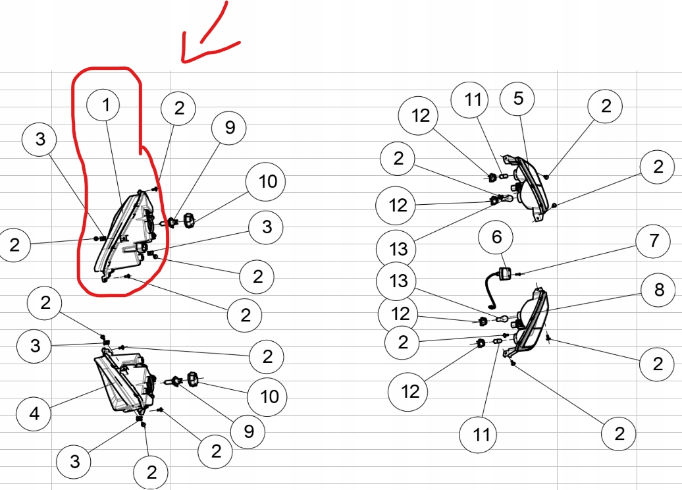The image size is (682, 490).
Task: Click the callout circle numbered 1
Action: click(106, 105)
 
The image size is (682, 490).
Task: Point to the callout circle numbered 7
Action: click(653, 240)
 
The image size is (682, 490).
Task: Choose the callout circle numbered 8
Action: click(659, 290)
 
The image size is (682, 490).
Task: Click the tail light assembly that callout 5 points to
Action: click(530, 188)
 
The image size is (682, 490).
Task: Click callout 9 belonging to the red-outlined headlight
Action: click(229, 127)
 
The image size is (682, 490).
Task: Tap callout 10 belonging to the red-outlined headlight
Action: click(267, 181)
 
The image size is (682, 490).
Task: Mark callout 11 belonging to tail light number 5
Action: click(473, 100)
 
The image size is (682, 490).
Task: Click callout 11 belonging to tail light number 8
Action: click(481, 435)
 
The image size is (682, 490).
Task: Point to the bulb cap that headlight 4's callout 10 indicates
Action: click(193, 378)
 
